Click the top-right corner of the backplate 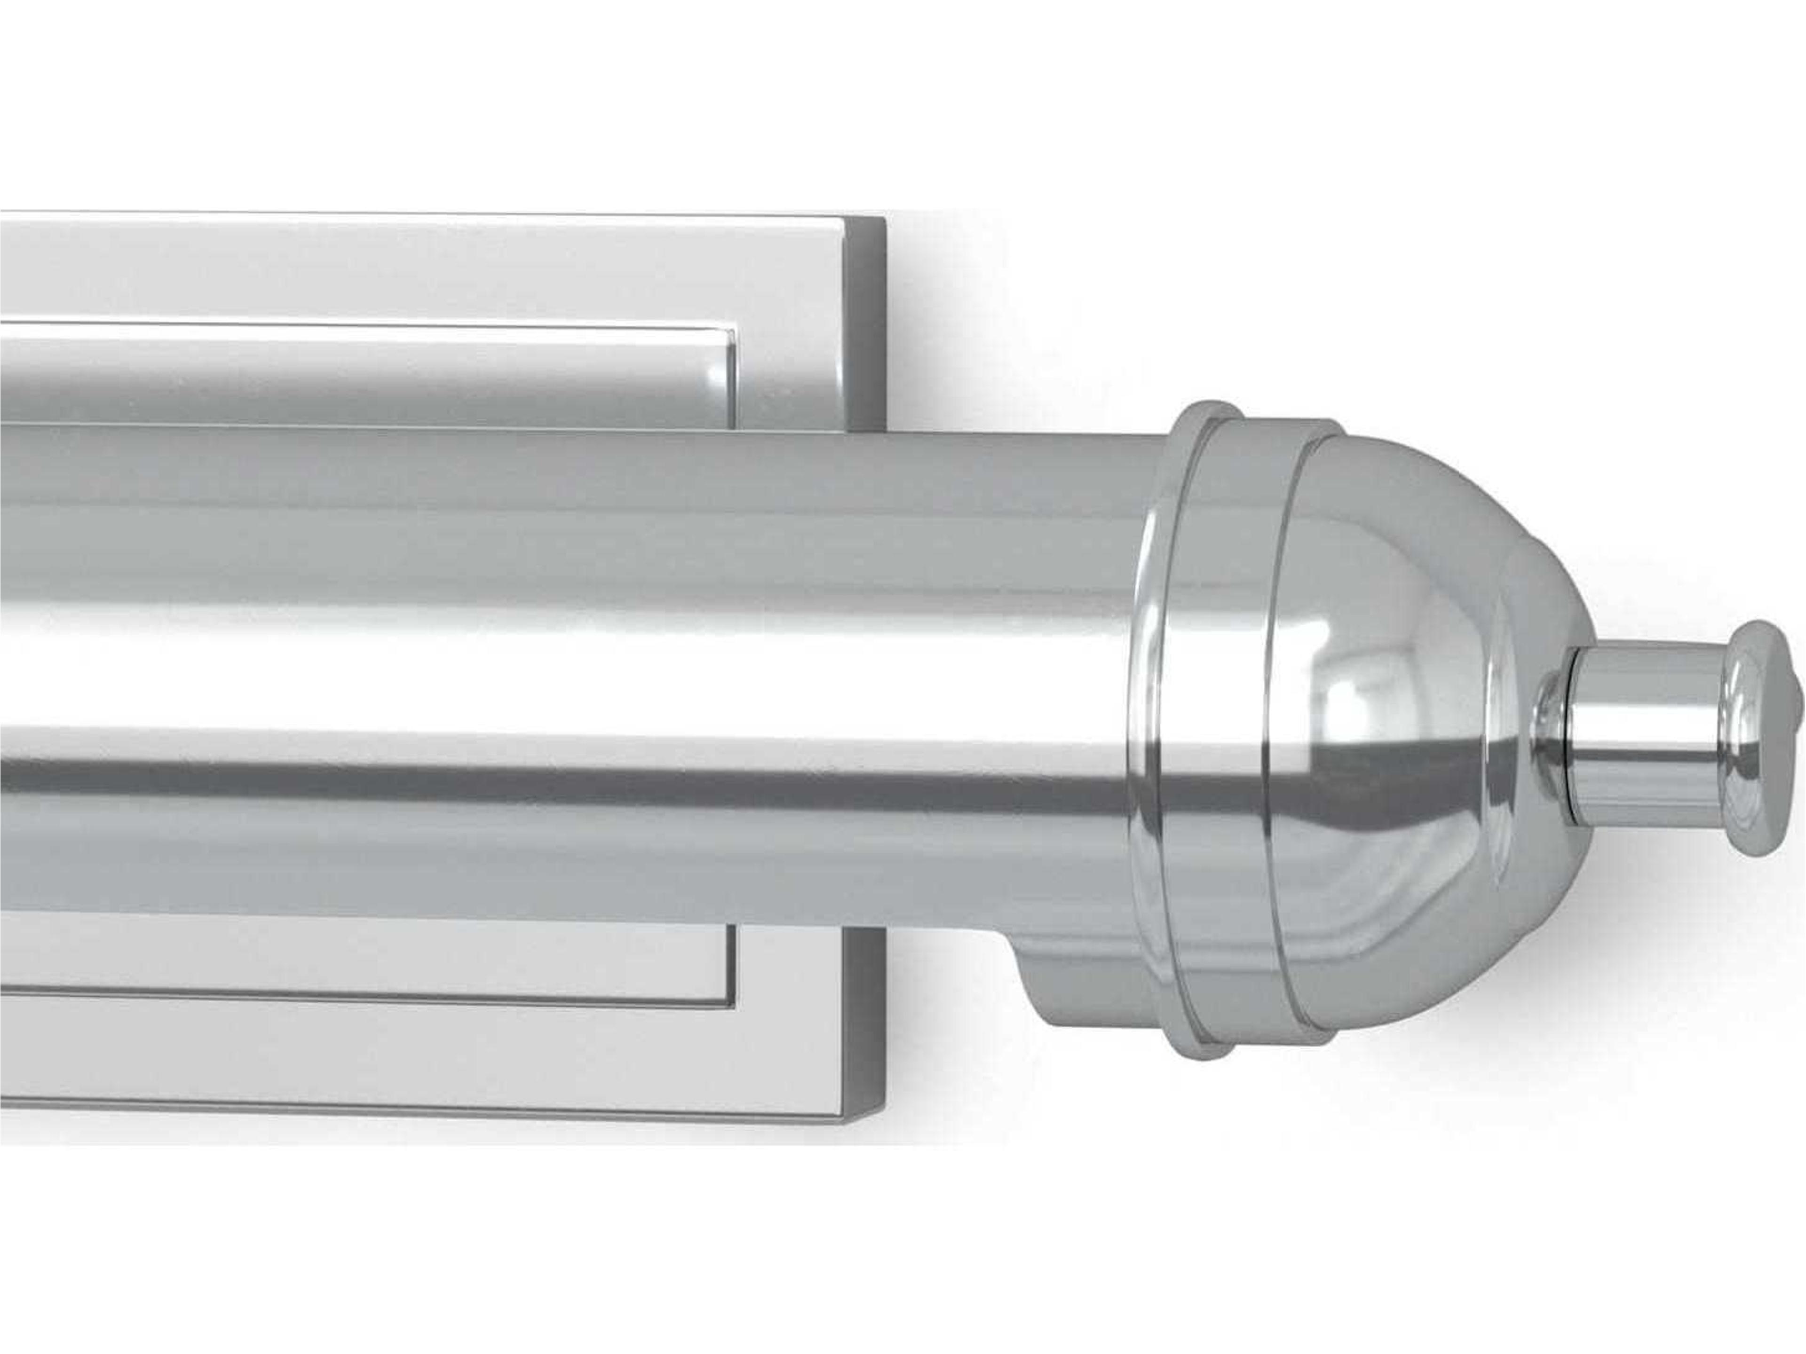pos(883,219)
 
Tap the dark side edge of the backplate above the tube pos(867,326)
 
